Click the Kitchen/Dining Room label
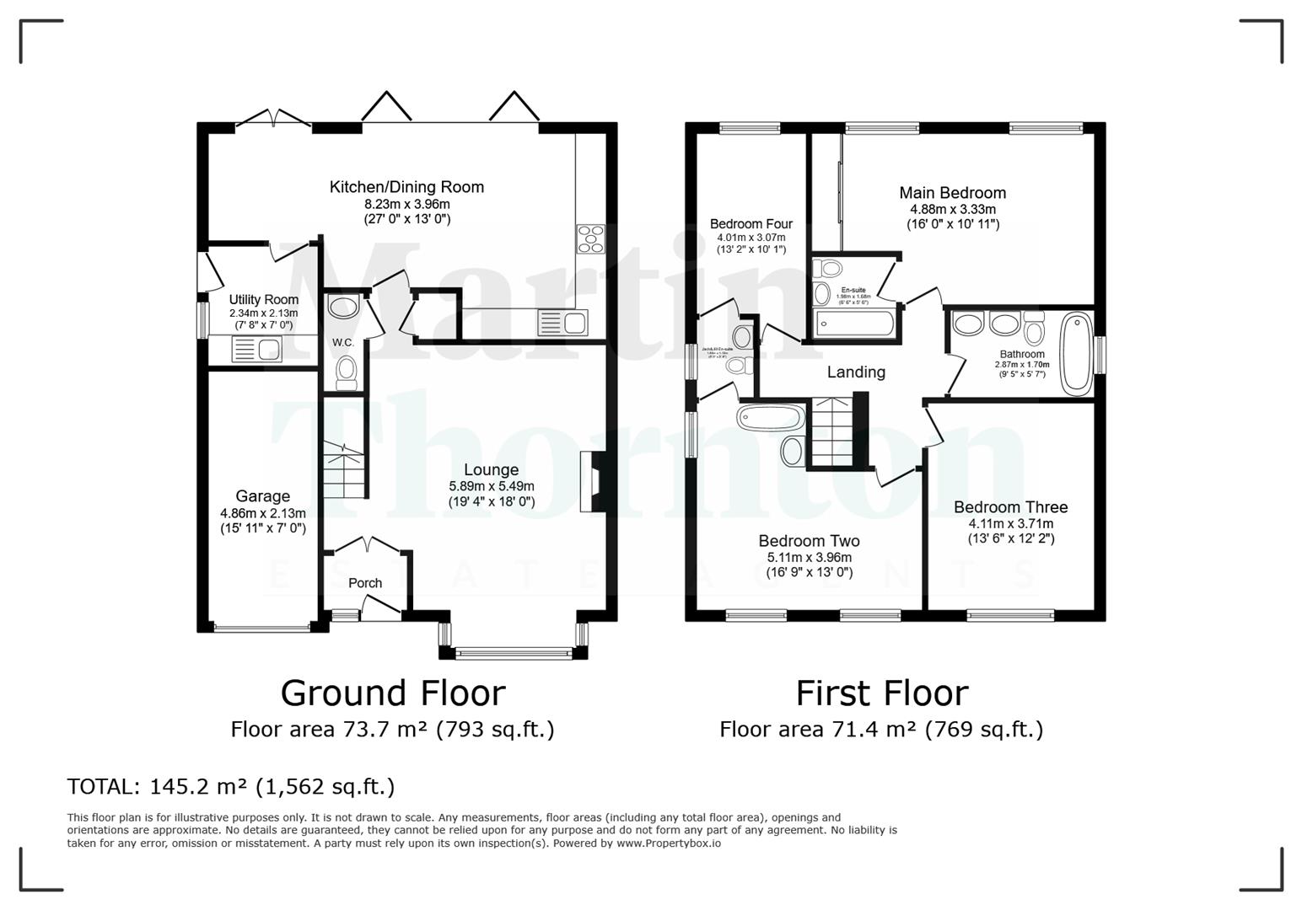[x=406, y=187]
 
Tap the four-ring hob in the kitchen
[x=590, y=238]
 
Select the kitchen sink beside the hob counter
[x=562, y=323]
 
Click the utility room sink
[x=256, y=349]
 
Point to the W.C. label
[x=342, y=342]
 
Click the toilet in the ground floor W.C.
[x=346, y=372]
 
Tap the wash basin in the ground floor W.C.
[x=342, y=308]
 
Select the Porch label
[x=365, y=583]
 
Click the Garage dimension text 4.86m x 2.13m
[x=263, y=513]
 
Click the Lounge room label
[x=491, y=470]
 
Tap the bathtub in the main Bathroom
[x=1075, y=354]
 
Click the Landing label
[x=856, y=372]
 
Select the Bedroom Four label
[x=751, y=224]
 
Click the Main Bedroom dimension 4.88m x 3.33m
[x=953, y=209]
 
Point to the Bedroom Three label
[x=1010, y=507]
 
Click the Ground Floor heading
[x=393, y=693]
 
